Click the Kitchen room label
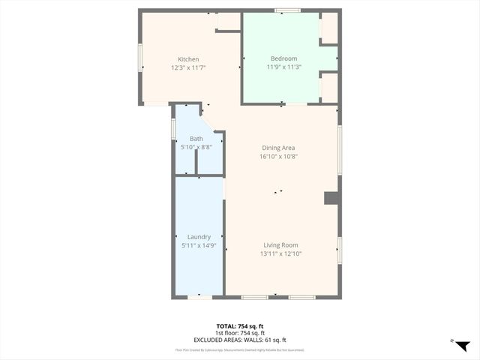tap(188, 59)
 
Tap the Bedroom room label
tap(283, 58)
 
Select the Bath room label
tap(196, 139)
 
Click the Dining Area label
tap(277, 148)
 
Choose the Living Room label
tap(280, 245)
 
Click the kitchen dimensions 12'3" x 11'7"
tap(188, 67)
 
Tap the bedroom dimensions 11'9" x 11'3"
tap(283, 67)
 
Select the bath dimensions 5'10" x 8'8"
tap(196, 147)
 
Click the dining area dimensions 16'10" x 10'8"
tap(277, 156)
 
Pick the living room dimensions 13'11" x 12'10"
tap(280, 253)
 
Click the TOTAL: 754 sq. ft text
tap(240, 325)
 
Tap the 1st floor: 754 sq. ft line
tap(240, 333)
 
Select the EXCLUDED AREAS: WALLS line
tap(240, 340)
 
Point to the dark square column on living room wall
tap(330, 198)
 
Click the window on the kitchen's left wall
tap(140, 58)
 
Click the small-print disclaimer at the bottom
tap(240, 349)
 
